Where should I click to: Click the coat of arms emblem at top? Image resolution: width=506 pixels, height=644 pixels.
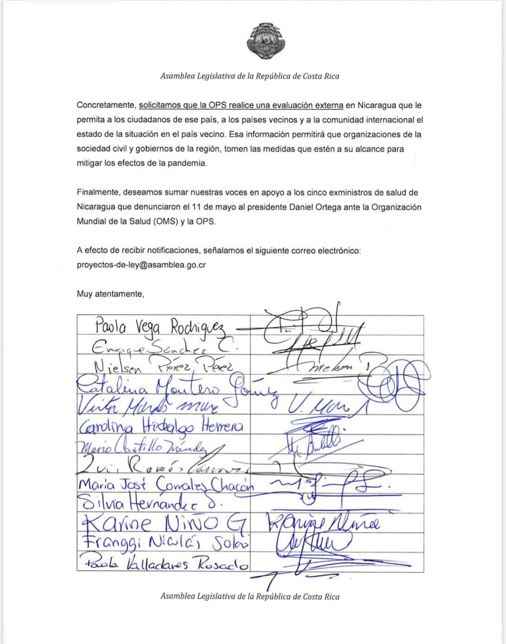click(265, 41)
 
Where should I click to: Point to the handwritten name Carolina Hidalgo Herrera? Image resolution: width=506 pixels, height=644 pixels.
click(161, 427)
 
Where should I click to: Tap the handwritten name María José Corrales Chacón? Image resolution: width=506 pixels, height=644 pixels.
click(166, 485)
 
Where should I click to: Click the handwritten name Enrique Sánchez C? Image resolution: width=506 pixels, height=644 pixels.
click(164, 347)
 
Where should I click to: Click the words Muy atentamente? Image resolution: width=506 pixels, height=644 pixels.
click(110, 294)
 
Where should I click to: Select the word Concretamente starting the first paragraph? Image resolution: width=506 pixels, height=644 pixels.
click(106, 106)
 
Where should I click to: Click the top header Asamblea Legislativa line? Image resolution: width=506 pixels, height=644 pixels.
click(250, 76)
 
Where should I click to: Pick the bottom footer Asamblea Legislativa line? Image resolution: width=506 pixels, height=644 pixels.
click(250, 597)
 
